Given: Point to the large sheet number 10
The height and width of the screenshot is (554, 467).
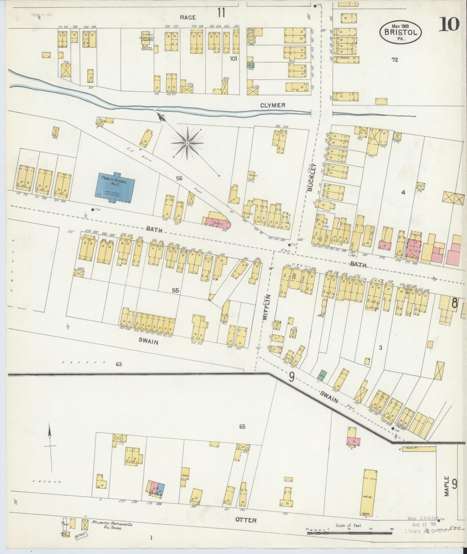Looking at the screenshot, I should coord(449,24).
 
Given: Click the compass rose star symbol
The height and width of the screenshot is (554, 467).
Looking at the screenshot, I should coord(187,143).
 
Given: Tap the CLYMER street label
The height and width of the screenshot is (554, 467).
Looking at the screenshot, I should coord(272,105).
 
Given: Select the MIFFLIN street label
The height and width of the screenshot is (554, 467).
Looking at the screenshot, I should coord(267,307).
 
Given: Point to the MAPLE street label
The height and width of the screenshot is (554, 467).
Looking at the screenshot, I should coord(447,486).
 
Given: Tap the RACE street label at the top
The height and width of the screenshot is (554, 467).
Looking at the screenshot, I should coord(188,17).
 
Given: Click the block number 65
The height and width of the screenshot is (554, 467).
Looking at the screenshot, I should coord(242,426).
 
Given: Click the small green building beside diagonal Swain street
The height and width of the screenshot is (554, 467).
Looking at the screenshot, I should coord(322,374).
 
